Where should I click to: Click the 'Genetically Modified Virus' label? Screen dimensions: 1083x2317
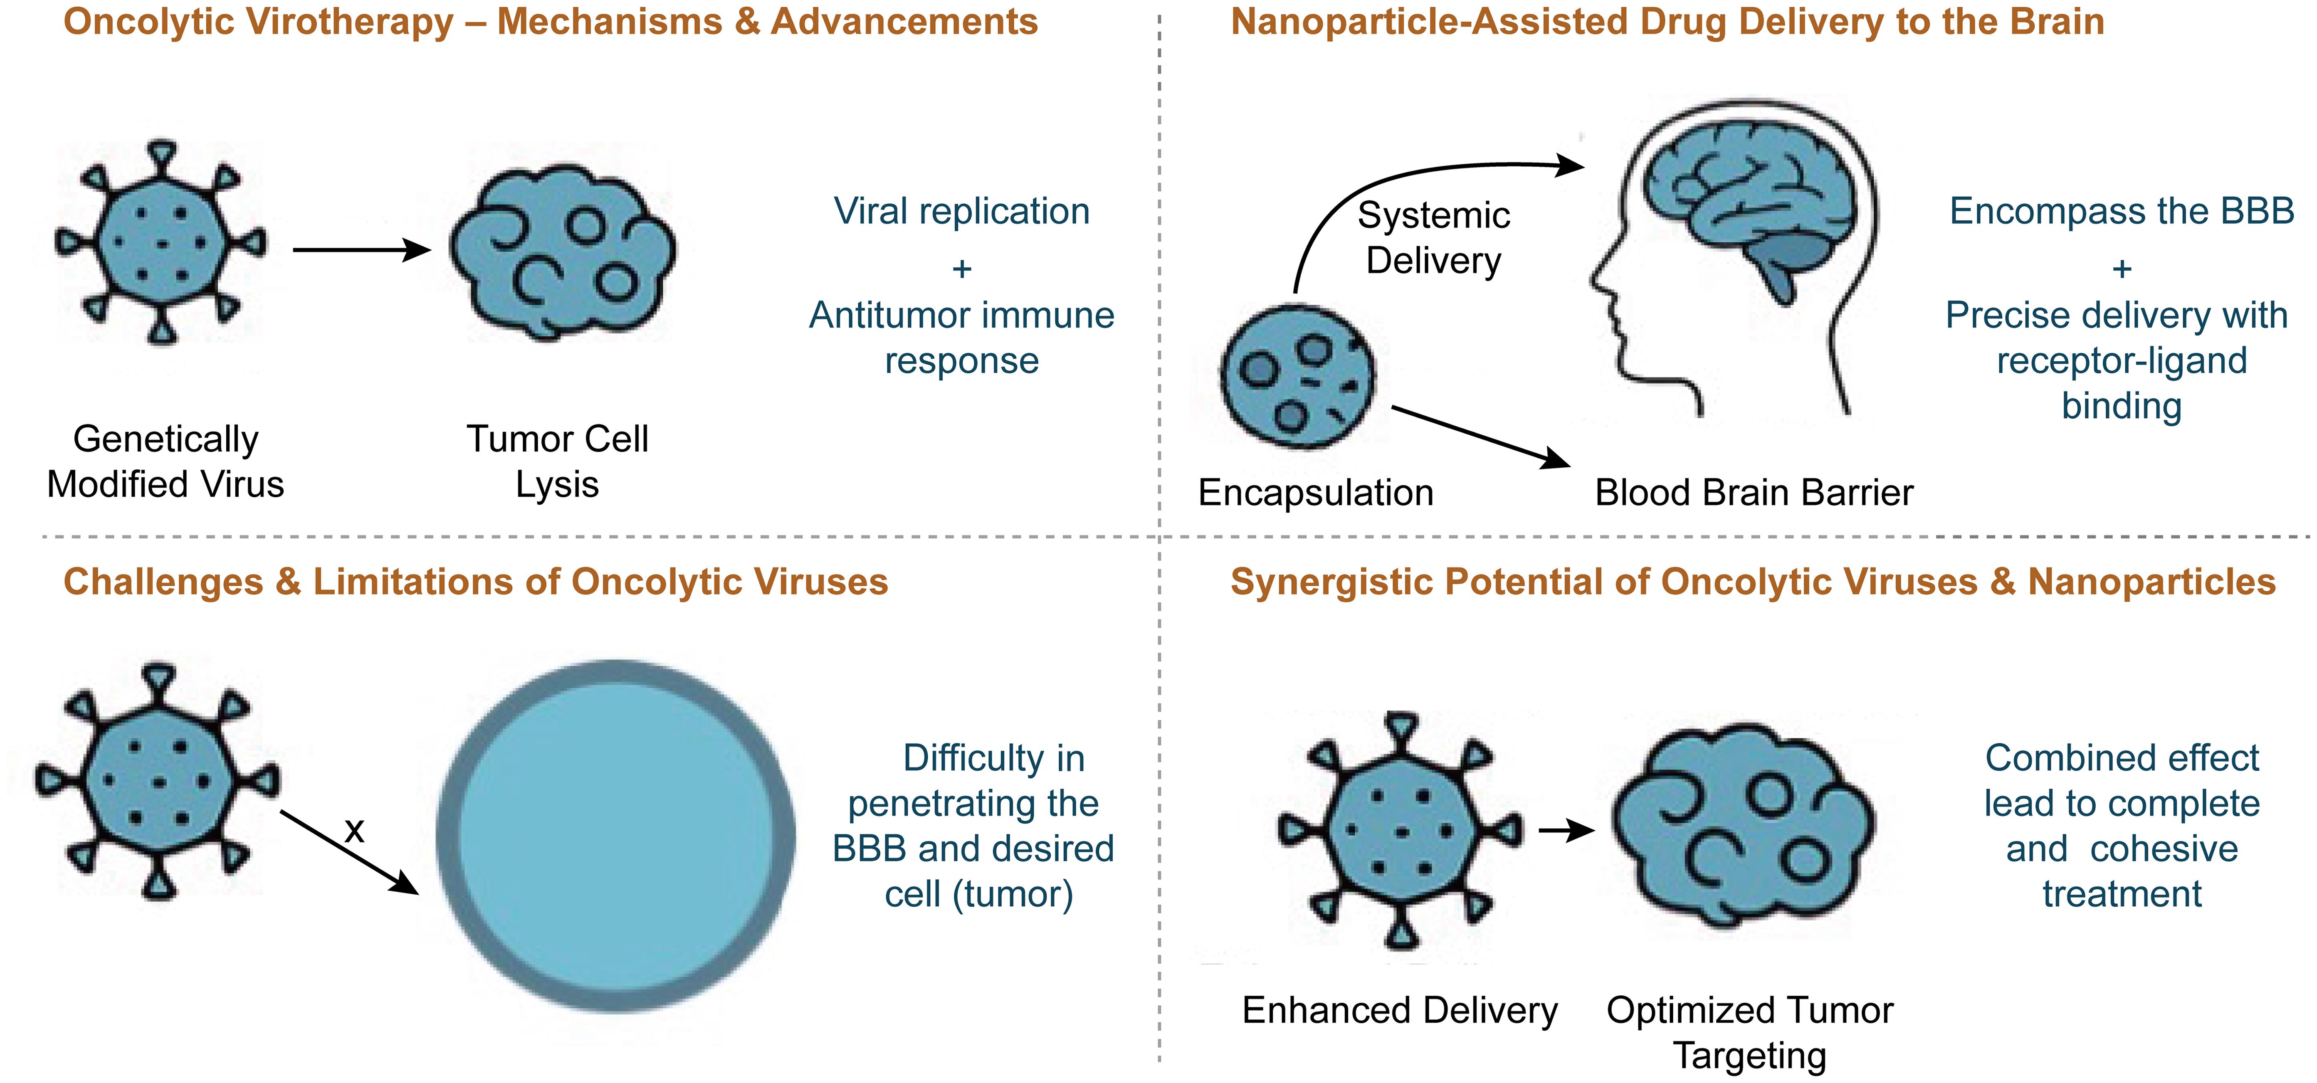[165, 461]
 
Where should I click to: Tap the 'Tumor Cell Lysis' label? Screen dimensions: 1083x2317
[557, 461]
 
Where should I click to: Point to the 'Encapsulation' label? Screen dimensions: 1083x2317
[1316, 493]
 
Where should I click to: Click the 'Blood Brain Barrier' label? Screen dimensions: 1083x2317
[1754, 493]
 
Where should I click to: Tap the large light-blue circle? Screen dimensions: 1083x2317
[616, 836]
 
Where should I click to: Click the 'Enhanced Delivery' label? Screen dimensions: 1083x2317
[1400, 1010]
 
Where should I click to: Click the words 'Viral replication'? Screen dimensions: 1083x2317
[961, 211]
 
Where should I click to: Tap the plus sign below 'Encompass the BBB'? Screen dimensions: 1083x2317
[2122, 268]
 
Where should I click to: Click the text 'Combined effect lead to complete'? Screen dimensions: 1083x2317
[2122, 781]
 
